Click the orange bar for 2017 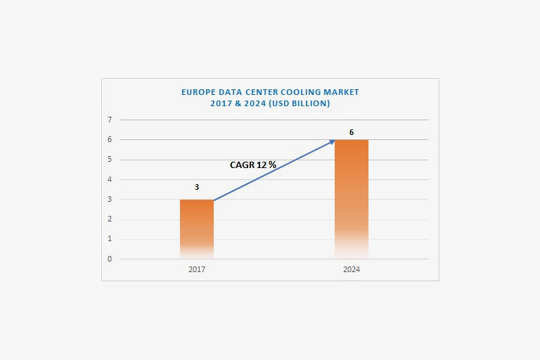(x=197, y=229)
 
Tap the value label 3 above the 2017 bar (x=197, y=187)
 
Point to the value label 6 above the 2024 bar (x=352, y=132)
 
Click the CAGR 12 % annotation (x=253, y=165)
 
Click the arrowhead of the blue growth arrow (x=332, y=142)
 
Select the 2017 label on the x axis (x=197, y=269)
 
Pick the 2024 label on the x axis (x=352, y=269)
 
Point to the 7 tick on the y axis (x=110, y=120)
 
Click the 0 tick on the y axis (x=110, y=259)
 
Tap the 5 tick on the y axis (x=110, y=160)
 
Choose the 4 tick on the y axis (x=110, y=179)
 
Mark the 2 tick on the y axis (x=110, y=219)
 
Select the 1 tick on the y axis (x=110, y=239)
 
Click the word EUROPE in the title (x=198, y=92)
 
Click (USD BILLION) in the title (x=296, y=103)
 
